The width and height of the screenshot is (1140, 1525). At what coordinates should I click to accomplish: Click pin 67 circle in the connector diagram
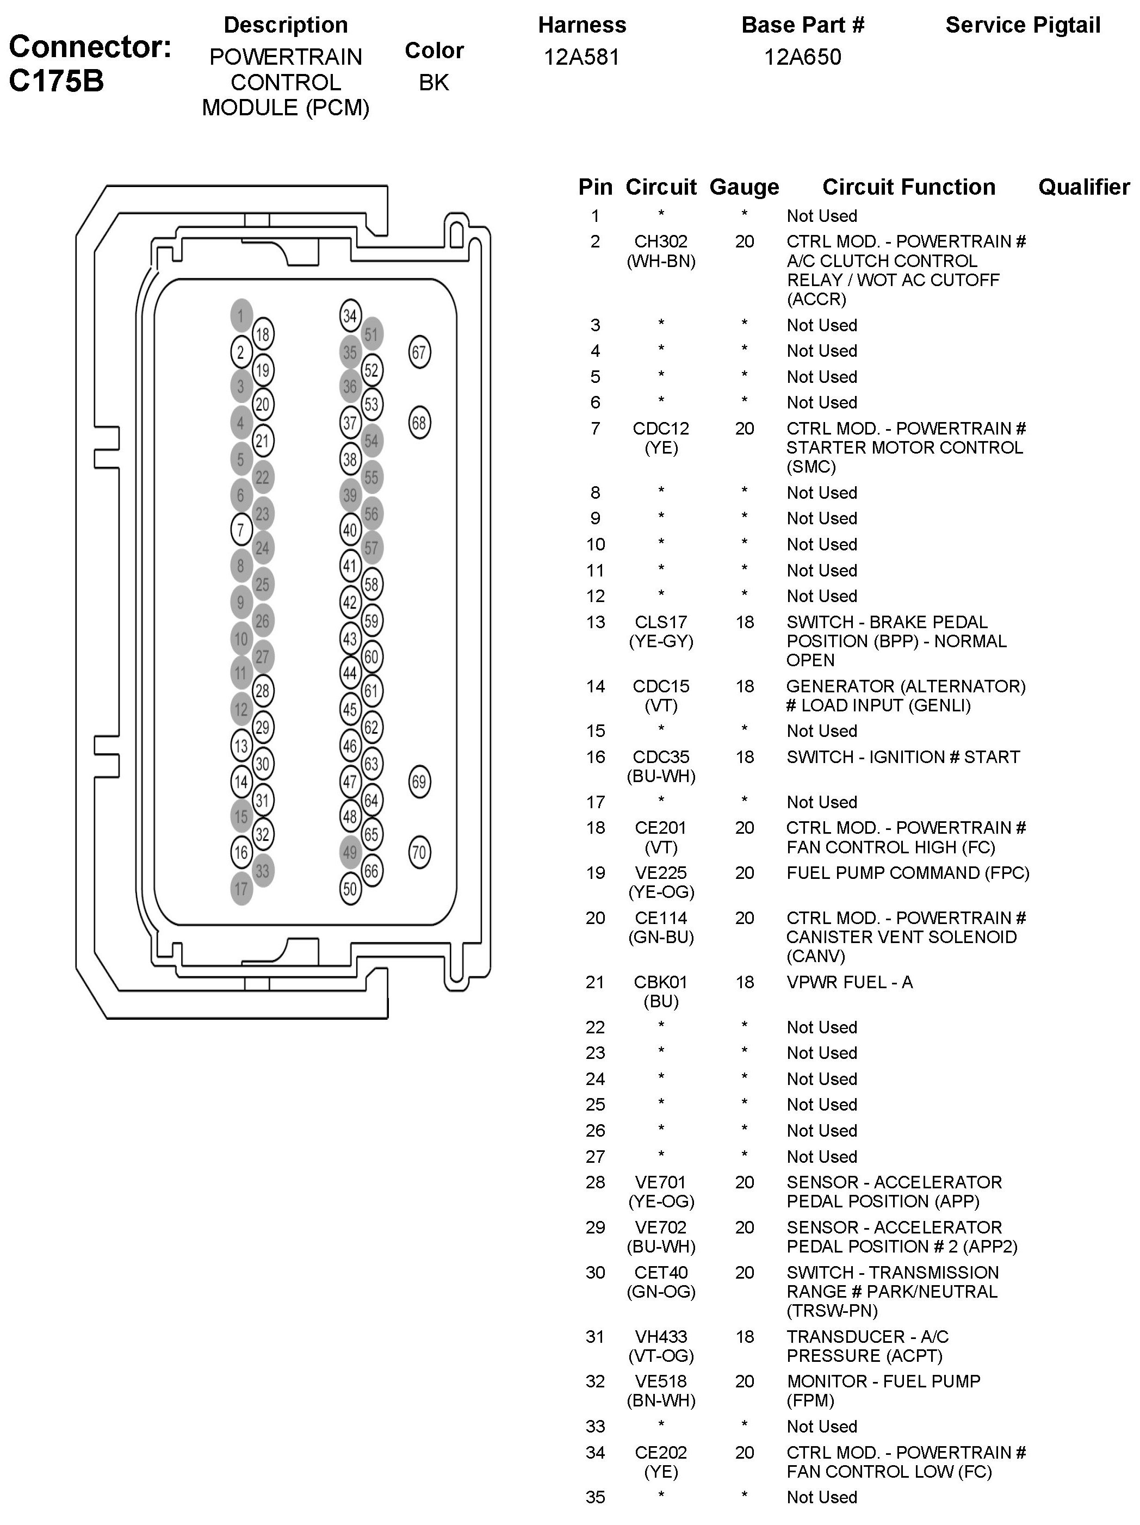(x=419, y=352)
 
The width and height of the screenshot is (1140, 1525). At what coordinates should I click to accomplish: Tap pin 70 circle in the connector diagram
(x=419, y=852)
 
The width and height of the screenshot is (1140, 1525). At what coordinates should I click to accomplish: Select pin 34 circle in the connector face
(x=350, y=316)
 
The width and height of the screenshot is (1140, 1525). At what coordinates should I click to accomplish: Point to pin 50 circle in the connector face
(x=350, y=889)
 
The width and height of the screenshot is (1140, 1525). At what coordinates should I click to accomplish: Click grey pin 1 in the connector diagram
(x=241, y=316)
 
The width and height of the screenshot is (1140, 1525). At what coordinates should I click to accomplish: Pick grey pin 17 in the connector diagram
(x=241, y=889)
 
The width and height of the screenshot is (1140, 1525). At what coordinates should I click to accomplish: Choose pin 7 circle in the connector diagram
(x=241, y=530)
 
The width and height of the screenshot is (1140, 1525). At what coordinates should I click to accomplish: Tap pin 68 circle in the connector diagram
(x=419, y=423)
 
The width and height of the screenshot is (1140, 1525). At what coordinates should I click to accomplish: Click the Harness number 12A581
(x=581, y=57)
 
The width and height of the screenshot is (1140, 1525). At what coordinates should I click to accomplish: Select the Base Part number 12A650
(x=802, y=57)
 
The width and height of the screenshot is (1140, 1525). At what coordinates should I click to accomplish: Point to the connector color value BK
(x=434, y=83)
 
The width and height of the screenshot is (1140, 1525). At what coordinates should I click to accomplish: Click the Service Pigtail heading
(x=1022, y=26)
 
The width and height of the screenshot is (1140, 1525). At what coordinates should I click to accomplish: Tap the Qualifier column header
(x=1083, y=187)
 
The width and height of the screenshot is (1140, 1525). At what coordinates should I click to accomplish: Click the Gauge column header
(x=744, y=187)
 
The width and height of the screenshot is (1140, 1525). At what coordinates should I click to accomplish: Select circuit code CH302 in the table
(x=661, y=241)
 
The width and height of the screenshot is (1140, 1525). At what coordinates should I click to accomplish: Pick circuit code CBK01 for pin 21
(x=661, y=982)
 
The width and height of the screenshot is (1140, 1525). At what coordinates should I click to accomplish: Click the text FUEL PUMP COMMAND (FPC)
(x=908, y=873)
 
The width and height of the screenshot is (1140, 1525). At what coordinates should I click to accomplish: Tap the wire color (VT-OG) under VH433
(x=661, y=1355)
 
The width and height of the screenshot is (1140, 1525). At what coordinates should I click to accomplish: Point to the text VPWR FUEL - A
(x=849, y=982)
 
